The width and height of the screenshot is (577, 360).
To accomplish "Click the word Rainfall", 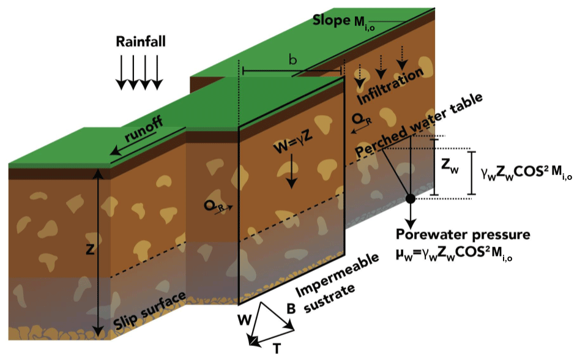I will coord(141,42).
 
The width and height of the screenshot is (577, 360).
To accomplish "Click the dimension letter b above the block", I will coord(293,60).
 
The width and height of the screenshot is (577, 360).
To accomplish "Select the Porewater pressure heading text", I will coord(463,234).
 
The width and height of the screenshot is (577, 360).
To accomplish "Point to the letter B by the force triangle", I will coord(292,310).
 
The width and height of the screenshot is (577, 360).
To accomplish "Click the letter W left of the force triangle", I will coord(243,318).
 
